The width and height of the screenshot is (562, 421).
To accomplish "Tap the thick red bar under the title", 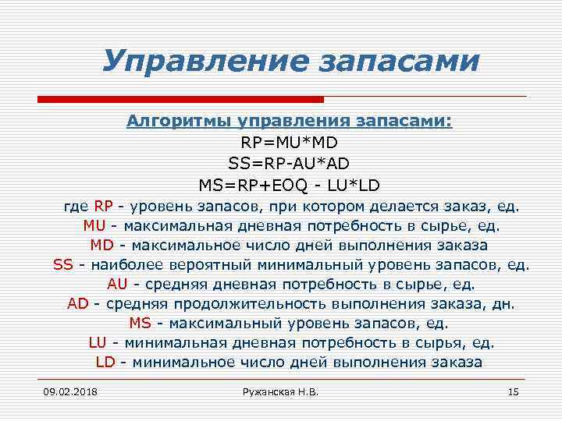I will [x=180, y=99].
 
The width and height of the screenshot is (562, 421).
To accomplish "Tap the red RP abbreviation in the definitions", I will [x=104, y=207].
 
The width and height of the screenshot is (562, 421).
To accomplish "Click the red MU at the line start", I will [x=94, y=226].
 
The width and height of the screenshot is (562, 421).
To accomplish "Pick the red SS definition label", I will [x=63, y=265].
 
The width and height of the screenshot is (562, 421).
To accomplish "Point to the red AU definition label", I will [x=117, y=285].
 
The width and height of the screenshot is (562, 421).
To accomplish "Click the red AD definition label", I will [x=78, y=304].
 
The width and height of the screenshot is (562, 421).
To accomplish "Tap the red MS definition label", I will [x=140, y=324].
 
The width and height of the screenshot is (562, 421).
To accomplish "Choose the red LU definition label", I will [x=98, y=343].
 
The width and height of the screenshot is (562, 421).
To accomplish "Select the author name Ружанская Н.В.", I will [x=282, y=391].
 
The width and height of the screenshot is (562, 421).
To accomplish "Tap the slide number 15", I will [x=513, y=391].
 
